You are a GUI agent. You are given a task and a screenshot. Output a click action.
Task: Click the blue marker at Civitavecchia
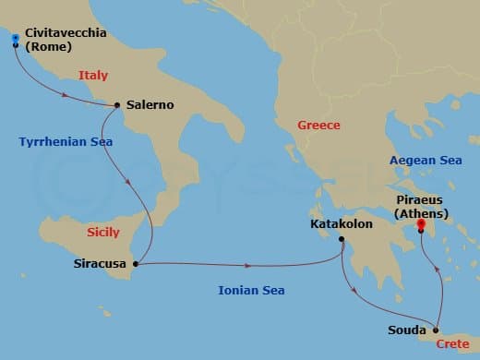click(15, 39)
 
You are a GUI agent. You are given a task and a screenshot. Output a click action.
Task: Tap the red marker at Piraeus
click(421, 224)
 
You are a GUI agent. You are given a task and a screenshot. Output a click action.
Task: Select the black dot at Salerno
click(117, 105)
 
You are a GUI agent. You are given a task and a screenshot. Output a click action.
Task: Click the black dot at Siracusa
click(136, 265)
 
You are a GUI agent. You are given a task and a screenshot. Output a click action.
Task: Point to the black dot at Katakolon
click(342, 241)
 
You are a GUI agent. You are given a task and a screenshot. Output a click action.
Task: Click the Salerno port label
click(150, 105)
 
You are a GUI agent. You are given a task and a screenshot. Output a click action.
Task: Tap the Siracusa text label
click(100, 264)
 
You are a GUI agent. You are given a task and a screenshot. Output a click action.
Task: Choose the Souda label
click(408, 330)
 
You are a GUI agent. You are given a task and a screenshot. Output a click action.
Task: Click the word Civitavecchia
click(66, 33)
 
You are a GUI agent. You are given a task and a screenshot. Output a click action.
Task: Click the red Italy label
click(94, 77)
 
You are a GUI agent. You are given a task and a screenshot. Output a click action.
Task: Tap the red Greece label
click(318, 125)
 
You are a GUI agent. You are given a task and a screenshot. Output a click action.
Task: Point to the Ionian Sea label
click(250, 291)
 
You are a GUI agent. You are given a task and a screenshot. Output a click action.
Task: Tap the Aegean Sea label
click(426, 160)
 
